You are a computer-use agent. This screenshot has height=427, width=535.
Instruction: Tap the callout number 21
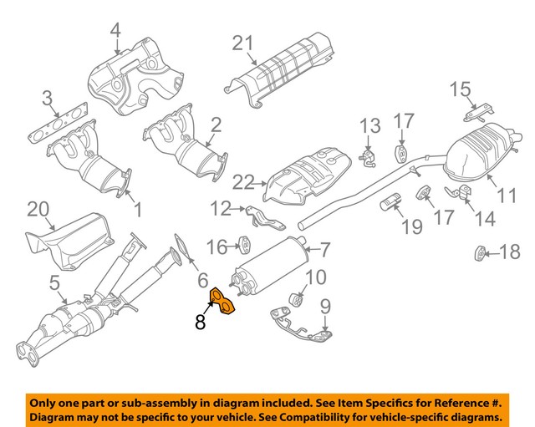(x=242, y=43)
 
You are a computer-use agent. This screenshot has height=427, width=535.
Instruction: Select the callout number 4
(x=115, y=33)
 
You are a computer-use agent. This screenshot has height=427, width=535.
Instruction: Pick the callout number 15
(x=461, y=89)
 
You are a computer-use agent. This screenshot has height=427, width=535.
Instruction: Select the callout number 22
(x=243, y=180)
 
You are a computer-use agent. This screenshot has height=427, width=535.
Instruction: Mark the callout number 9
(x=324, y=306)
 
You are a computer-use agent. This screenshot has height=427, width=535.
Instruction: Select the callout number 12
(x=220, y=207)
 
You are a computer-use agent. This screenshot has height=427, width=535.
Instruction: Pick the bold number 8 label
(x=200, y=322)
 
